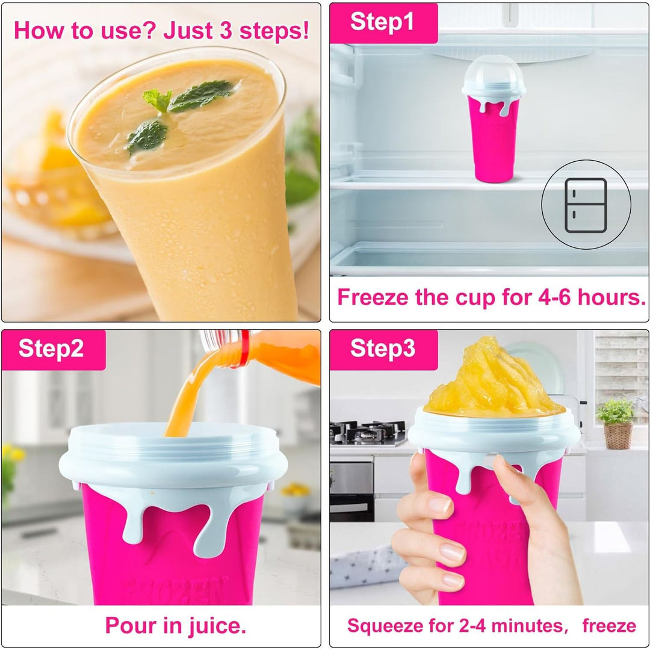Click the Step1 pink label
[383, 23]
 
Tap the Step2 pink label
[54, 350]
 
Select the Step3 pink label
[383, 350]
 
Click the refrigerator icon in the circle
[586, 205]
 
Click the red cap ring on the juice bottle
[244, 348]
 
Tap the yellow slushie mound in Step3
[494, 379]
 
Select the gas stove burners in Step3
[367, 431]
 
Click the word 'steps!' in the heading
[274, 31]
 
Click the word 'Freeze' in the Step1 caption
[373, 297]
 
